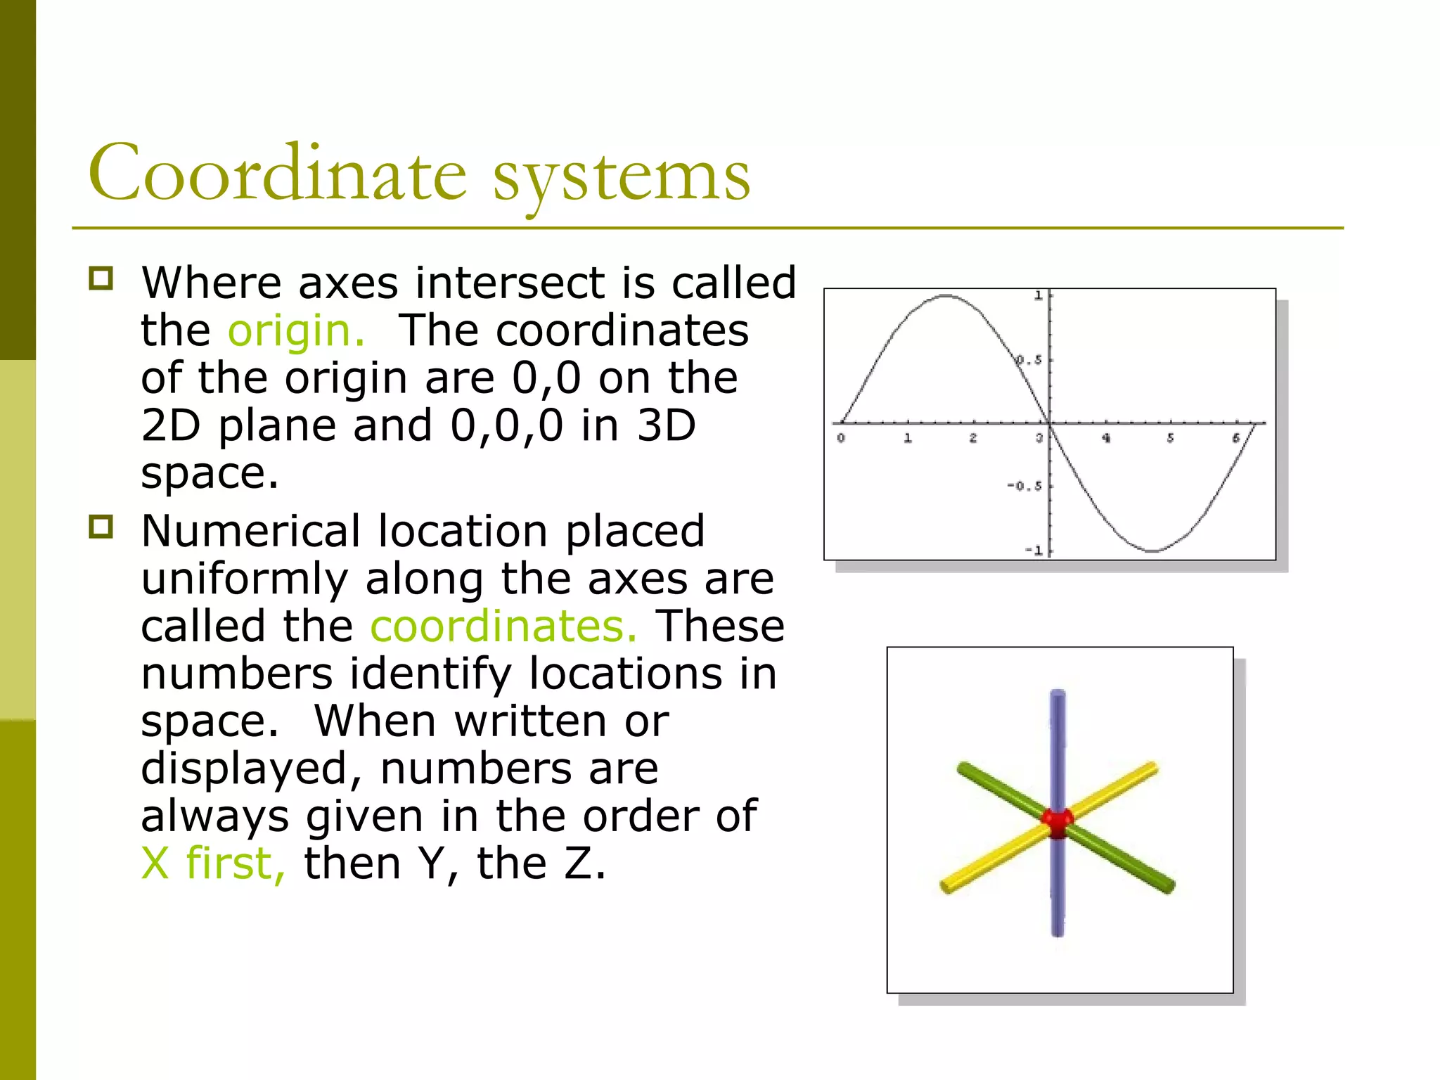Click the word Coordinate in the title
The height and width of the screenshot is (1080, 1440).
pos(277,173)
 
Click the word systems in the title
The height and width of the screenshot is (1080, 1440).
pos(622,176)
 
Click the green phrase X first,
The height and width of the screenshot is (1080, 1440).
pos(213,863)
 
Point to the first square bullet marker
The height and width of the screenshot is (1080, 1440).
pos(101,278)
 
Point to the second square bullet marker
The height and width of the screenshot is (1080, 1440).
pos(101,527)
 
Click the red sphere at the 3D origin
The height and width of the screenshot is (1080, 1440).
pos(1057,821)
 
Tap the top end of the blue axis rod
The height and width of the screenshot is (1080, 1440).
pos(1058,696)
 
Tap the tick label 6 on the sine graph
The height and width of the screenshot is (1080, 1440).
pos(1235,438)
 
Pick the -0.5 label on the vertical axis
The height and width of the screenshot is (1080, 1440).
pos(1024,486)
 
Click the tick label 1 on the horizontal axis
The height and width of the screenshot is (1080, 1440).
pos(908,438)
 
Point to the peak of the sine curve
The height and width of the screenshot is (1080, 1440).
pos(946,296)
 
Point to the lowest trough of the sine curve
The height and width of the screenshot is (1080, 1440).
pos(1153,551)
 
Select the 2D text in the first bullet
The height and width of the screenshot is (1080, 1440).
pos(171,425)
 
